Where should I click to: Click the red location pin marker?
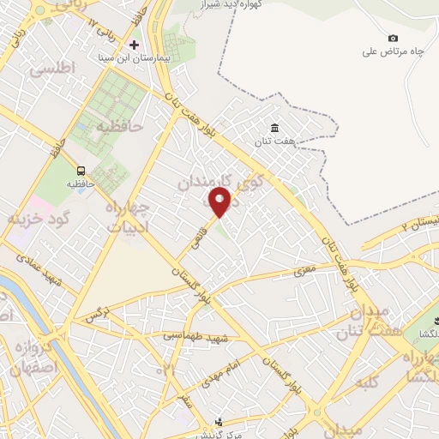coord(220,202)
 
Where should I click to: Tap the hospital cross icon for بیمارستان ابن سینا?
coord(134,44)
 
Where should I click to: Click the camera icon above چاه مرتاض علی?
coord(393,38)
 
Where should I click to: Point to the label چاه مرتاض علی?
coord(394,51)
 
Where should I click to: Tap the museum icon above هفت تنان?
coord(273,128)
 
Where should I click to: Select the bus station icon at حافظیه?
coord(81,170)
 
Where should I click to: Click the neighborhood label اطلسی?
coord(52,68)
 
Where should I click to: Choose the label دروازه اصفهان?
coord(34,354)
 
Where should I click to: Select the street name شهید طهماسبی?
coord(195,336)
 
